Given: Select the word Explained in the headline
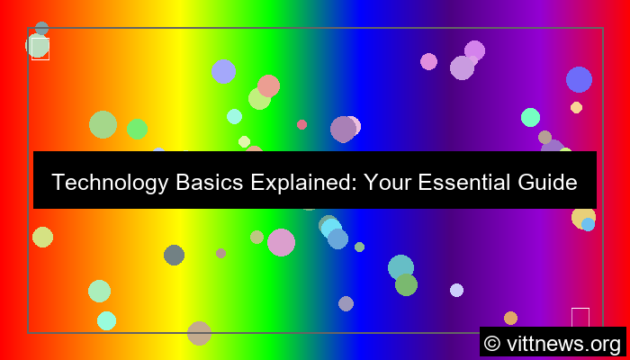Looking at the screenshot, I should [299, 183].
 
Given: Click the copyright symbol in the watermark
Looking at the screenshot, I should [492, 343].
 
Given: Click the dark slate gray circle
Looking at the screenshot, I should [174, 255].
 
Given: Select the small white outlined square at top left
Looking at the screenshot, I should [40, 49].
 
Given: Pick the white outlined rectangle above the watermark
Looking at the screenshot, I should [580, 318].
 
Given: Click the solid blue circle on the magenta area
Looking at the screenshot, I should [579, 79].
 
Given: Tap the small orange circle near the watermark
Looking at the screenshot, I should [510, 318].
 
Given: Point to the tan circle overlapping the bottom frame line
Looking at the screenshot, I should [199, 333].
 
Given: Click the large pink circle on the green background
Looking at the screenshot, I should [281, 242].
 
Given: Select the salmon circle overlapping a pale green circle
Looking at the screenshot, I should [268, 85].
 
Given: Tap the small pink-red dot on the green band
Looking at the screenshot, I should [301, 124].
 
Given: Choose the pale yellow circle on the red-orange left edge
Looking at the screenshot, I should [42, 237].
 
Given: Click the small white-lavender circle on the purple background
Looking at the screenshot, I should [456, 290].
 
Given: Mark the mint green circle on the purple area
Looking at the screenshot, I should [530, 117].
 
